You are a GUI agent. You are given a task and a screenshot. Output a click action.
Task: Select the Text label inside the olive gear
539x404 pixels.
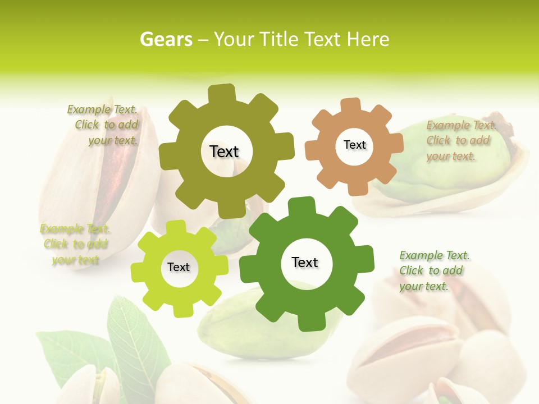tap(224, 151)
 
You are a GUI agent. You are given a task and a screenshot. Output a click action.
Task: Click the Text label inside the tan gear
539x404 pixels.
tap(354, 145)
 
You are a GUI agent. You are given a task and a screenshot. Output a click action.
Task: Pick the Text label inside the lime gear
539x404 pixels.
tap(179, 267)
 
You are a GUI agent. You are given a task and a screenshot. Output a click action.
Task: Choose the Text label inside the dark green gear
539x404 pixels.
tap(305, 262)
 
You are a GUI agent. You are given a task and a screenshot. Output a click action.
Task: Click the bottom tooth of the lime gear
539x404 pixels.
tap(181, 309)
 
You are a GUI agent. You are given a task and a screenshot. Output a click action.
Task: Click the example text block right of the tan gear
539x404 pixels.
tap(459, 141)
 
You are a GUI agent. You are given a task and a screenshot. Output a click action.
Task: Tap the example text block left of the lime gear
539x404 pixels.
tap(75, 244)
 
